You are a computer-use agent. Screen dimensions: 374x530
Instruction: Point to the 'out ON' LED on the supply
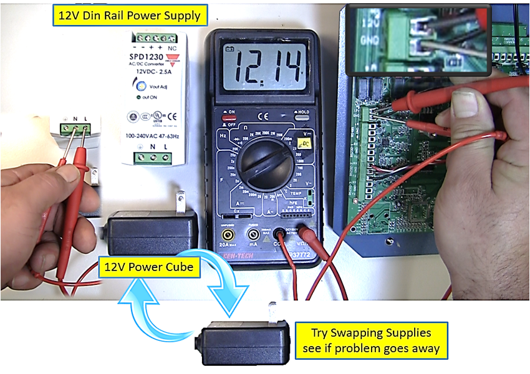pos(139,98)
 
